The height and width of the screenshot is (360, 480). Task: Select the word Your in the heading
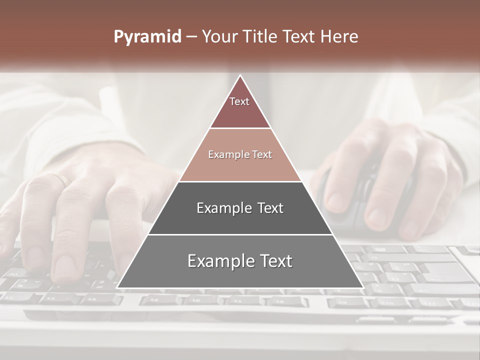218,37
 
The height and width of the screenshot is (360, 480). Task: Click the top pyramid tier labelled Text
240,107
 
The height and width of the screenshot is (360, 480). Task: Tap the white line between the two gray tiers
240,234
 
